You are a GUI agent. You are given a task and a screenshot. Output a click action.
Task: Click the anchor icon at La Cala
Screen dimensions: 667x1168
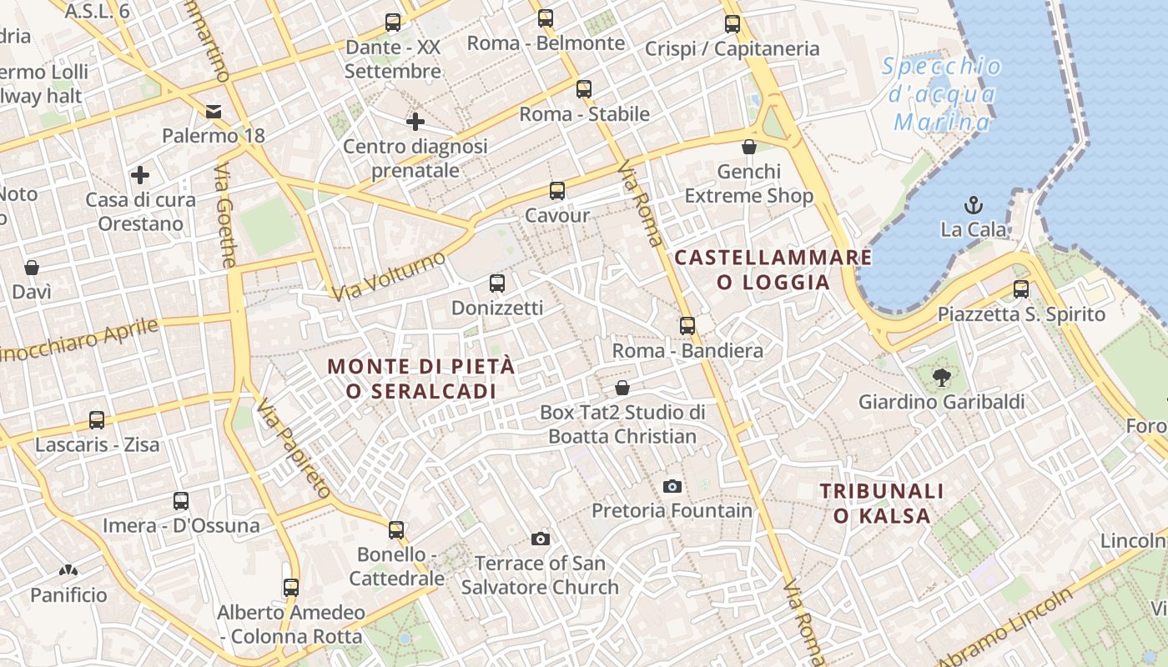pos(973,204)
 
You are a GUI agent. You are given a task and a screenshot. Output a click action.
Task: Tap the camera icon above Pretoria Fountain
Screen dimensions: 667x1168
pos(672,486)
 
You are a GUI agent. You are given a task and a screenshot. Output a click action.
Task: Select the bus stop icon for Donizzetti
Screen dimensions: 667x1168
pos(497,283)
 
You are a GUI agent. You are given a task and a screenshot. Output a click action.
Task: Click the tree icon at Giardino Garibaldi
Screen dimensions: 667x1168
pos(942,377)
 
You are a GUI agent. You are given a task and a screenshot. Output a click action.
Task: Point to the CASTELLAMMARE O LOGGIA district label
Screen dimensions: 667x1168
pos(773,269)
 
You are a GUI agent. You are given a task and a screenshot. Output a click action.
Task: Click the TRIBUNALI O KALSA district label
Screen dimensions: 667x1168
pos(882,504)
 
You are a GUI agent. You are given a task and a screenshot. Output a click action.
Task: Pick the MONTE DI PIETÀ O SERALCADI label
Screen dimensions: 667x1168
pos(420,378)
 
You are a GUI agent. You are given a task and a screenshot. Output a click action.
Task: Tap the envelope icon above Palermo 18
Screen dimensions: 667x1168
pos(214,111)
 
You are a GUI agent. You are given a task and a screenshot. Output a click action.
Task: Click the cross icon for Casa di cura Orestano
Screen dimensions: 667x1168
pos(140,175)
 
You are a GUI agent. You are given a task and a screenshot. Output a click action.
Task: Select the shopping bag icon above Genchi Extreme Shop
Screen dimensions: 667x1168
pos(749,148)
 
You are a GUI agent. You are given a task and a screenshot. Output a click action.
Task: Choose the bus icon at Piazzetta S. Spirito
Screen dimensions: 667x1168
pos(1020,289)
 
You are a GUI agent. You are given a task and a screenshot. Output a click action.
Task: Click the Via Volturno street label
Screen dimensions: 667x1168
pos(388,276)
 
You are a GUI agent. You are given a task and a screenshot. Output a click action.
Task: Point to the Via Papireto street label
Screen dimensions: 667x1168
pos(294,449)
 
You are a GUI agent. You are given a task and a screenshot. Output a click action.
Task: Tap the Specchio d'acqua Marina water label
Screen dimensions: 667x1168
pos(942,94)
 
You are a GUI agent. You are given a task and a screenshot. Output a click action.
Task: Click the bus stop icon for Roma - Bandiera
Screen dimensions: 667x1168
pos(687,326)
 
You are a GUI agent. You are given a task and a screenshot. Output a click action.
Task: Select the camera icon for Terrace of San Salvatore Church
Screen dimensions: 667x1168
pos(540,539)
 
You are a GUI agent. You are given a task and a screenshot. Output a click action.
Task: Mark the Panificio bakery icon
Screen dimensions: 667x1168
pos(68,571)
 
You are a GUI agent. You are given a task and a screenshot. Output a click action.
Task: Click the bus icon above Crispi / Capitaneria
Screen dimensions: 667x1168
pos(733,24)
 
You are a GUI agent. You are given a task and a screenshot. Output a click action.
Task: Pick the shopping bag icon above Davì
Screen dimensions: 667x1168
pos(32,268)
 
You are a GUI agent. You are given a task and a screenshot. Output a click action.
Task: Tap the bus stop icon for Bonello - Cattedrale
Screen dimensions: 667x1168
pos(396,529)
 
